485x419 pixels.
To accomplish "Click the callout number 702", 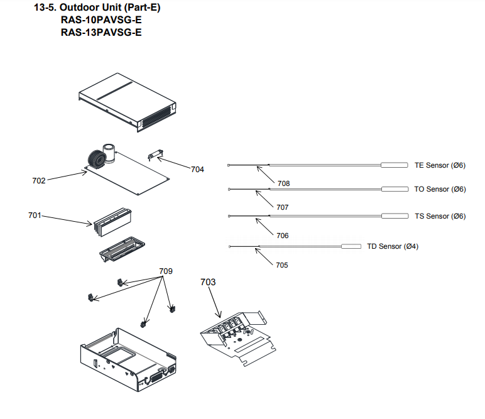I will point(39,180).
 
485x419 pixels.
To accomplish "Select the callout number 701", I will point(35,215).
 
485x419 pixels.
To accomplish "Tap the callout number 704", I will point(197,169).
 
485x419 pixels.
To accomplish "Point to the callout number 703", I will point(208,282).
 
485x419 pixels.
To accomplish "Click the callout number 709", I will point(165,271).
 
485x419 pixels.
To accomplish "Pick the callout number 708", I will point(283,183).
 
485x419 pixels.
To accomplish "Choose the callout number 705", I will point(281,265).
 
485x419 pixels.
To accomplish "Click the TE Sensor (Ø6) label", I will point(440,165).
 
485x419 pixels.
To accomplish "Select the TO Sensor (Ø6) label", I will point(440,189).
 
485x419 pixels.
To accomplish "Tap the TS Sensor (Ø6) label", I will point(440,216).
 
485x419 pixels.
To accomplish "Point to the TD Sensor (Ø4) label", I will point(393,246).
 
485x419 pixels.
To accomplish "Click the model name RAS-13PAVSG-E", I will point(101,33).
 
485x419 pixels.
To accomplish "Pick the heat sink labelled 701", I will point(113,220).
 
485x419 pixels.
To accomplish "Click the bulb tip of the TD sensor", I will point(351,247).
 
